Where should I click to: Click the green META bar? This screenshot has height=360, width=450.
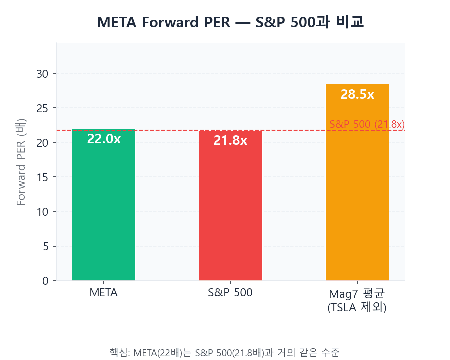coord(104,210)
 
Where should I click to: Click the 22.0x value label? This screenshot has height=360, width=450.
coord(104,139)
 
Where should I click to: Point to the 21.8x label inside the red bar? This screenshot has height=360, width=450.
coord(230,141)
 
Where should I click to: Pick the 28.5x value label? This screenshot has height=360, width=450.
coord(357,94)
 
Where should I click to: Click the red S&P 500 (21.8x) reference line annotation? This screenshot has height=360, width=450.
coord(367,124)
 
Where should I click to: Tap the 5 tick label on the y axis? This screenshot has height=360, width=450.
coord(45,246)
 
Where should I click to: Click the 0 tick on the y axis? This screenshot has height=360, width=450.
coord(45,281)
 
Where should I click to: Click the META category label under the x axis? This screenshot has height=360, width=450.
coord(104,293)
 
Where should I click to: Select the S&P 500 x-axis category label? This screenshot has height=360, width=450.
coord(230,293)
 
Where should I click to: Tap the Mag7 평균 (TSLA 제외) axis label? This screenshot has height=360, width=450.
coord(357,300)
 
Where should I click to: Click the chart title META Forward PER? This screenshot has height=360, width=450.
coord(230,22)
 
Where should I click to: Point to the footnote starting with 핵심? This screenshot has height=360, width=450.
coord(224,352)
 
